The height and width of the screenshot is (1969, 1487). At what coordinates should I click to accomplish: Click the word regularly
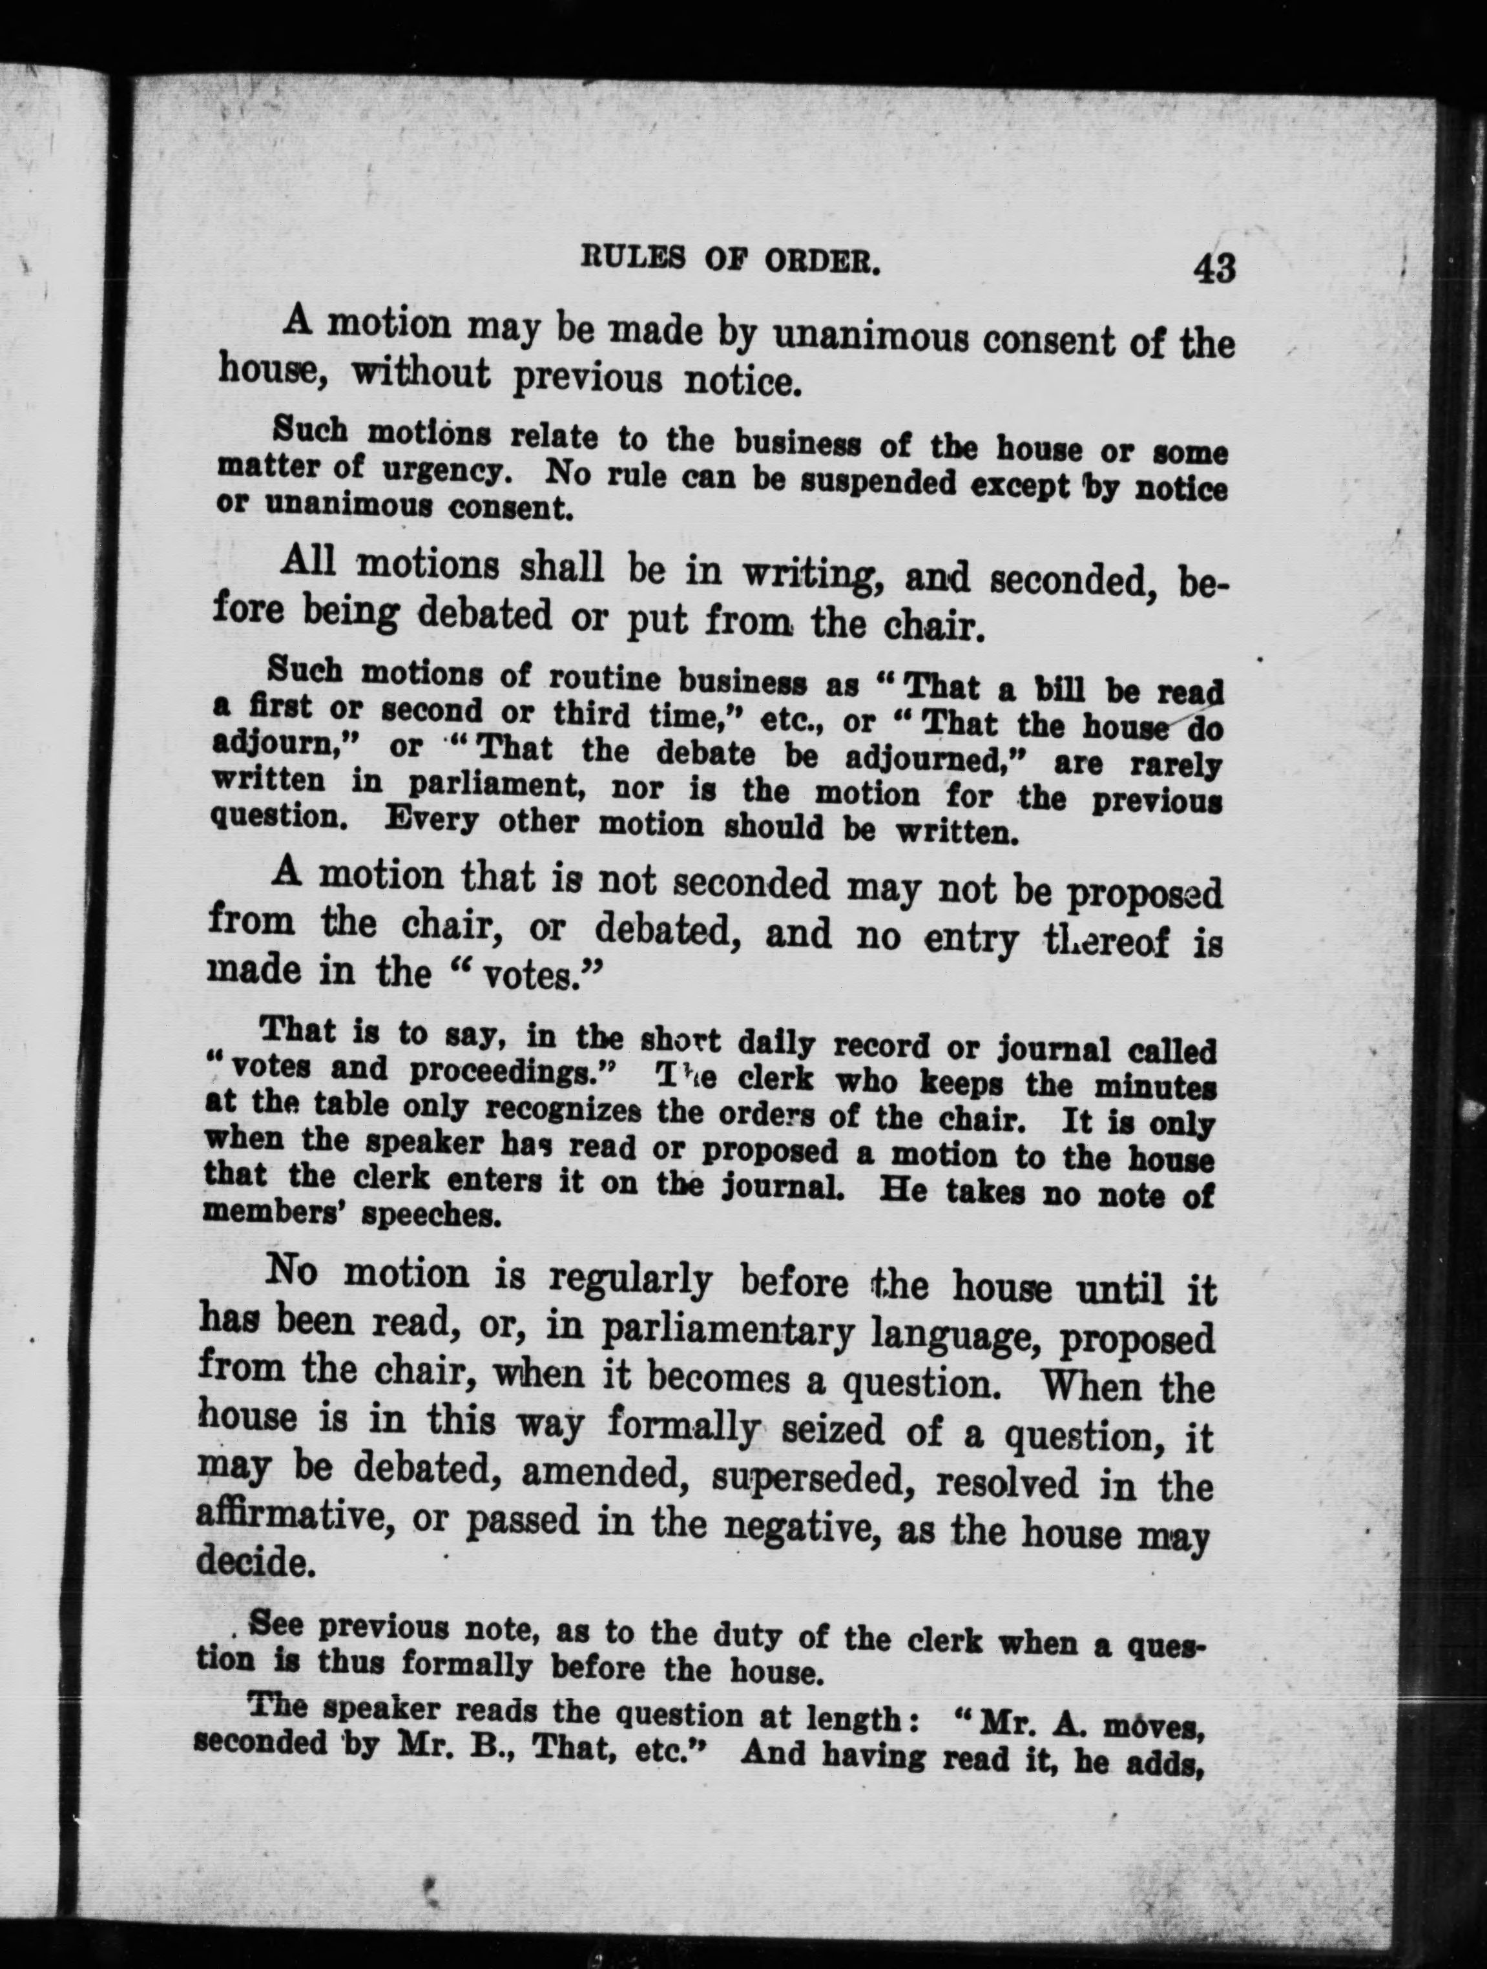coord(630,1279)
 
